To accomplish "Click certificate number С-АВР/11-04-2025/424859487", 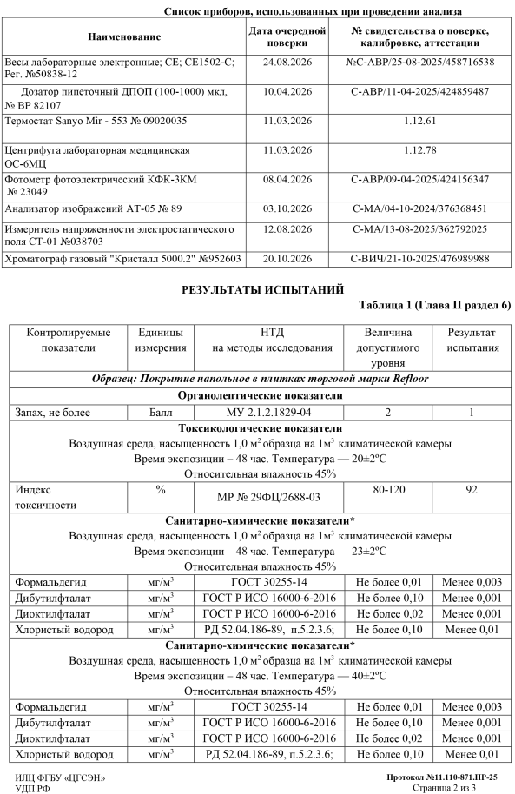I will pos(419,91).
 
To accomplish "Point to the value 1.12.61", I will pos(419,120).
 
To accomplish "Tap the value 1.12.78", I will pos(419,149).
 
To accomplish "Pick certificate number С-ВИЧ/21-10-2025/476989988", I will pos(419,258).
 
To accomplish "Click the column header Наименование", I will pos(124,36).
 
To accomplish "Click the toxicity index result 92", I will pos(472,490).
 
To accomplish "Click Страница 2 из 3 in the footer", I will pos(458,785).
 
